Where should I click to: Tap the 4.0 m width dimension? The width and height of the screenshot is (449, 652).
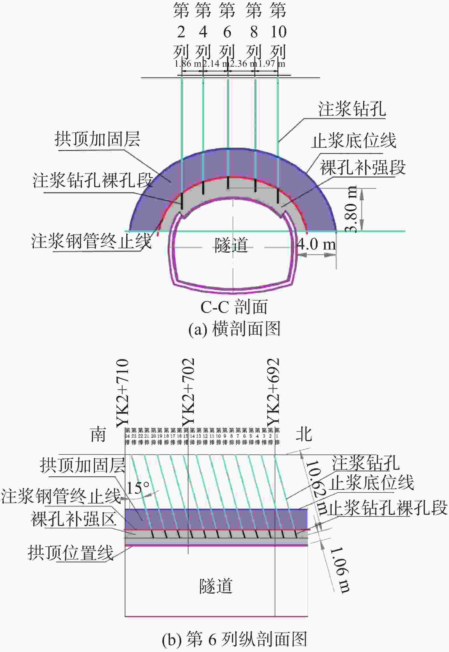pos(316,244)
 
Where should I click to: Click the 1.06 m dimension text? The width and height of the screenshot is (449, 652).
pos(339,570)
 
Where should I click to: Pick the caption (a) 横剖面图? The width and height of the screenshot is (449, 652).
pos(234,329)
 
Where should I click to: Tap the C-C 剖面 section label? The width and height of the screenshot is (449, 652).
pos(234,307)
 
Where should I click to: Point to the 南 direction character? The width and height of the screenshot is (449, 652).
pos(98,435)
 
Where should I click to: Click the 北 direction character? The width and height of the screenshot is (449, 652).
pos(304,435)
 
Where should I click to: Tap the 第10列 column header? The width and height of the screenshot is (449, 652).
pos(278,31)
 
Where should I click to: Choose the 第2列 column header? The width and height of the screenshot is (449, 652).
pos(181,31)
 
